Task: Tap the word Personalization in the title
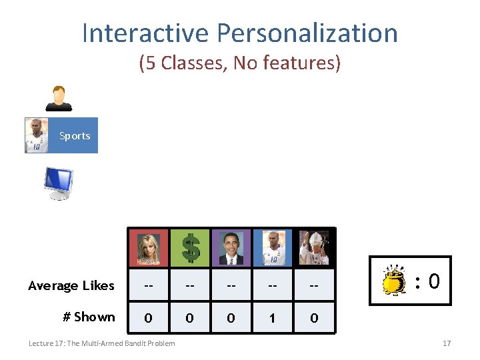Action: coord(307,33)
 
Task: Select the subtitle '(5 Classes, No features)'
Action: coord(239,63)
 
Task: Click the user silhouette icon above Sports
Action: coord(58,98)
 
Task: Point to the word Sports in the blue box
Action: coord(75,136)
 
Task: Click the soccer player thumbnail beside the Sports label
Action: coord(37,136)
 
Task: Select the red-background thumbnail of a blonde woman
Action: coord(149,247)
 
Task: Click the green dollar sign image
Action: coord(190,247)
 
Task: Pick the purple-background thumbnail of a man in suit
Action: coord(231,247)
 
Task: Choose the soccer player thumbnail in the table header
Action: coord(273,247)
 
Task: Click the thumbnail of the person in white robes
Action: coord(313,247)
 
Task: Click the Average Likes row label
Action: coord(71,286)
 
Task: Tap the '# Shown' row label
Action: coord(89,317)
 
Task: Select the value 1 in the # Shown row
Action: coord(272,318)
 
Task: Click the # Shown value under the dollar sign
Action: coord(189,318)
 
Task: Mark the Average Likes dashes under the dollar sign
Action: coord(189,286)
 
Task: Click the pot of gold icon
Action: coord(394,281)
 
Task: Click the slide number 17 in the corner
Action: coord(447,343)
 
